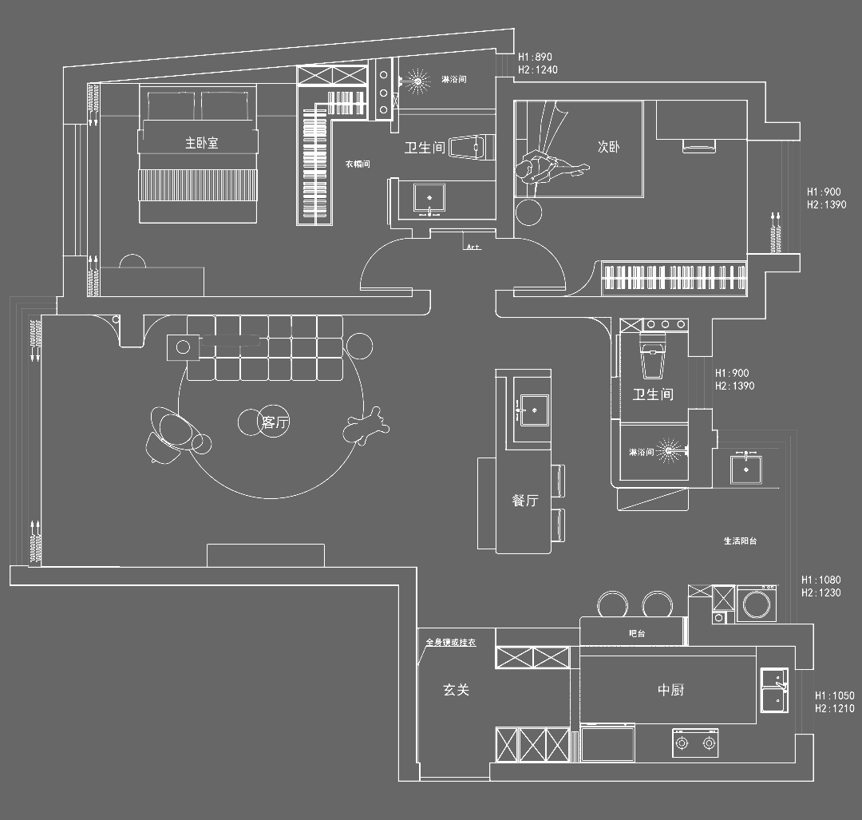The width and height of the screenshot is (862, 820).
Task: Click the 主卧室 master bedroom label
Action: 202,143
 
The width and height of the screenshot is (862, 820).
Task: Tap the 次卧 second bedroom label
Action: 609,147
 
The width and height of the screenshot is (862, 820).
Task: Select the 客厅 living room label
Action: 274,422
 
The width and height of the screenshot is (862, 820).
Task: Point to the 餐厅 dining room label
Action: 525,501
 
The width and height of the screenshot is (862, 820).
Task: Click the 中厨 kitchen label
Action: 670,690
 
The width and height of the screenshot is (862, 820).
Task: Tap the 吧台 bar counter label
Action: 637,633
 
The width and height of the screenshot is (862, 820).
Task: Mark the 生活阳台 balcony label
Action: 740,541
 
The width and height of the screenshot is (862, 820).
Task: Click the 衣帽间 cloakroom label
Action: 358,164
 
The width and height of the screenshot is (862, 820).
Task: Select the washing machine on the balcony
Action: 757,604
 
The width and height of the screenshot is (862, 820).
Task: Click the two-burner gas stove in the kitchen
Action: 694,743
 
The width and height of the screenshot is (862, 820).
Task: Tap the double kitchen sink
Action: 773,689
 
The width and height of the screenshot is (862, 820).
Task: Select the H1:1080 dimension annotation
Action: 820,580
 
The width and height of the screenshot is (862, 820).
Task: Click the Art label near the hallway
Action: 473,248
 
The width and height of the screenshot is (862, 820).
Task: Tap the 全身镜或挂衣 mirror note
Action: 451,642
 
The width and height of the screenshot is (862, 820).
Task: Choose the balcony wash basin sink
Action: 746,467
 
